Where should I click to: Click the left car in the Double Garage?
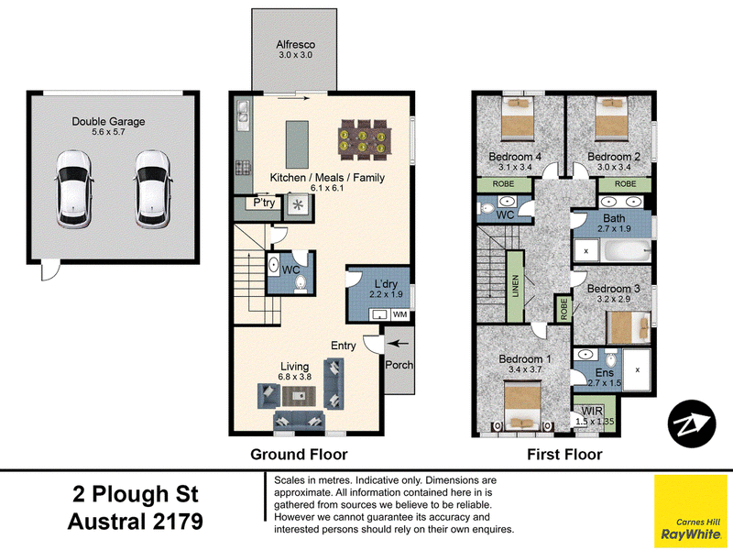(x=73, y=190)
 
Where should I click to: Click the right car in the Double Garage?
(x=153, y=190)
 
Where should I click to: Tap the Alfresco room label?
(x=295, y=44)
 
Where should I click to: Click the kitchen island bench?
(x=297, y=145)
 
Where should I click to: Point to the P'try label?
(x=264, y=203)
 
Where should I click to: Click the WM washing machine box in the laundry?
(x=399, y=314)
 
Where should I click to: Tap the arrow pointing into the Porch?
(x=399, y=344)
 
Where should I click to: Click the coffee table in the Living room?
(x=299, y=396)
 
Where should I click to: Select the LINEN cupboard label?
(x=516, y=286)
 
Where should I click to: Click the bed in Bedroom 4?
(x=518, y=119)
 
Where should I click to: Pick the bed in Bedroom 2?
(x=611, y=119)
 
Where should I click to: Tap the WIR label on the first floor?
(x=592, y=411)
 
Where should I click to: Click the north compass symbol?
(x=692, y=423)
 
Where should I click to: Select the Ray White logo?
(x=691, y=511)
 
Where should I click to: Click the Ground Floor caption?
(x=300, y=454)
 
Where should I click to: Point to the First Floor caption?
(x=564, y=454)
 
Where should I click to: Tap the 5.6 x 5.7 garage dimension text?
(x=108, y=132)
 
